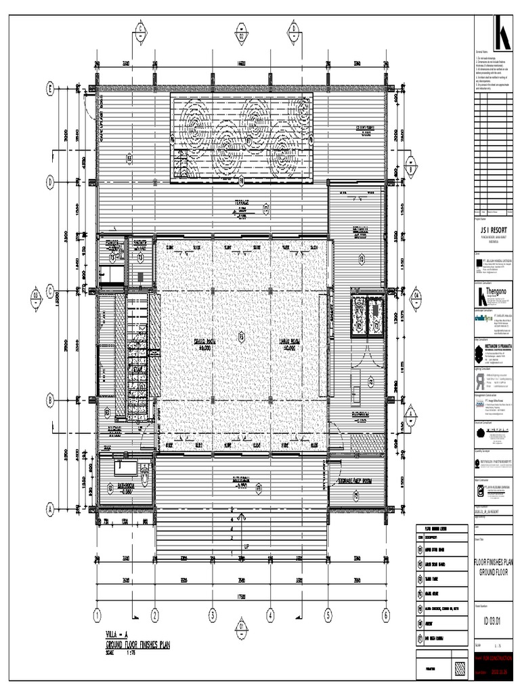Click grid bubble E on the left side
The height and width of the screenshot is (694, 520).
click(50, 89)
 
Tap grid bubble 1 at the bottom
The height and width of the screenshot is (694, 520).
click(97, 615)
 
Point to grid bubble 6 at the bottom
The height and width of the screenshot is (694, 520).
click(386, 615)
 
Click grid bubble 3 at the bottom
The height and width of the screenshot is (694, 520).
click(212, 615)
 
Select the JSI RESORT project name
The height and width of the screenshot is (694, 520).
click(493, 230)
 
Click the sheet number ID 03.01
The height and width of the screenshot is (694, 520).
click(493, 623)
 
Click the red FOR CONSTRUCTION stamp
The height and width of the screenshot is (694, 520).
click(498, 657)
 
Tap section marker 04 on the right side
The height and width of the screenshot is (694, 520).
click(417, 294)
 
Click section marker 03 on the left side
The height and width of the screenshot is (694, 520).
click(35, 294)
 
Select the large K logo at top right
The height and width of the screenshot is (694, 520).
click(502, 33)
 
